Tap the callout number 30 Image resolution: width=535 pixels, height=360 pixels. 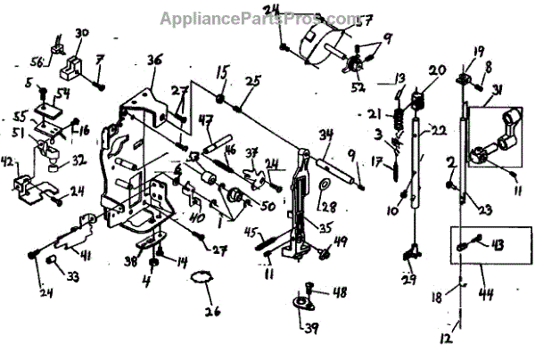[82, 34]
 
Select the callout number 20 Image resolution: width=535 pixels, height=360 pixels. [437, 70]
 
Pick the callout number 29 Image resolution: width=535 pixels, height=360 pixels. [408, 281]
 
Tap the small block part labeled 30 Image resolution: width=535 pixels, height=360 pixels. [70, 63]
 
